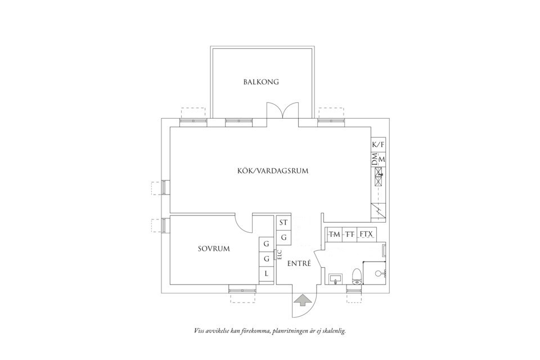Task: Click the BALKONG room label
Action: [x=261, y=82]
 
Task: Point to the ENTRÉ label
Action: [x=299, y=263]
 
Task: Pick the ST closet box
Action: [x=283, y=222]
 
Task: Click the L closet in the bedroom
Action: [x=266, y=274]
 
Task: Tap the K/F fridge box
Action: [x=379, y=145]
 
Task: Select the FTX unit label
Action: [x=366, y=233]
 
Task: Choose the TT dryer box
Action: [x=350, y=233]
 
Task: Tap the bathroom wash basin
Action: [x=336, y=278]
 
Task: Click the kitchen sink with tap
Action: [x=379, y=181]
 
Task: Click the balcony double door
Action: [x=282, y=110]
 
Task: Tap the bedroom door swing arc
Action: [x=245, y=225]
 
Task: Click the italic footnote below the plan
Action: [x=269, y=331]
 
